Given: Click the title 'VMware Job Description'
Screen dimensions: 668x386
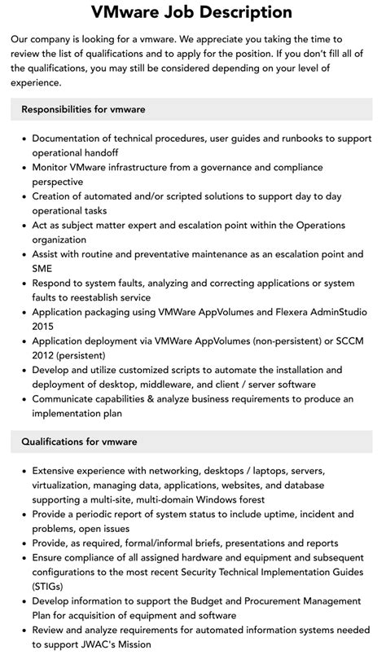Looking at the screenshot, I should click(192, 12).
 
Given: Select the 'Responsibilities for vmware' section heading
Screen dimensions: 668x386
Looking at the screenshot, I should click(84, 108).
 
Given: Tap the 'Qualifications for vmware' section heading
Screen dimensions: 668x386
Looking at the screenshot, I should click(79, 442).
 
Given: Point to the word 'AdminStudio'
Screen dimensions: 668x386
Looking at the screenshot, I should click(334, 311).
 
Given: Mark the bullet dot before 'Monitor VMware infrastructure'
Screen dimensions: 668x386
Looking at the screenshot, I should click(22, 168).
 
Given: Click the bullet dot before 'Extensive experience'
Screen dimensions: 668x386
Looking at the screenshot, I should click(22, 471).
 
